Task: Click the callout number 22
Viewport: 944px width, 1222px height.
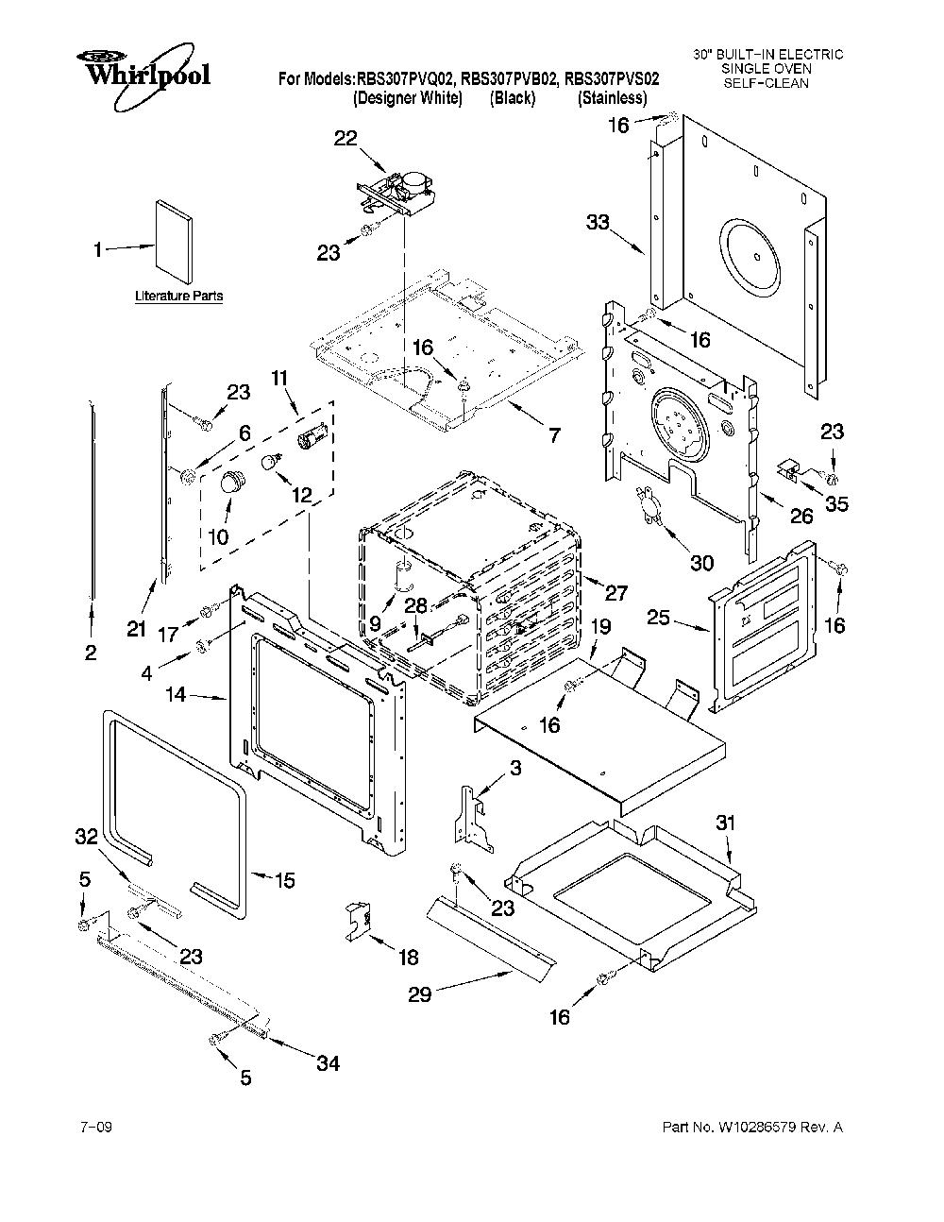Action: pyautogui.click(x=346, y=138)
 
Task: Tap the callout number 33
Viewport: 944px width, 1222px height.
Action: pyautogui.click(x=598, y=222)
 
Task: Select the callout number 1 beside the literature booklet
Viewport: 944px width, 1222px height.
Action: pyautogui.click(x=98, y=249)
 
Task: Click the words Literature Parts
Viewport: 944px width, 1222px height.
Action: pyautogui.click(x=178, y=296)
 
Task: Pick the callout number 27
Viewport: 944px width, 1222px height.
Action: pyautogui.click(x=615, y=593)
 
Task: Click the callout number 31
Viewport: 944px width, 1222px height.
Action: pyautogui.click(x=725, y=823)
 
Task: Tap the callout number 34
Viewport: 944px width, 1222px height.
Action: pyautogui.click(x=329, y=1063)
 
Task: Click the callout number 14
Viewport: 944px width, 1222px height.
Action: pyautogui.click(x=176, y=694)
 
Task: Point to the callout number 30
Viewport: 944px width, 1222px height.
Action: pyautogui.click(x=701, y=562)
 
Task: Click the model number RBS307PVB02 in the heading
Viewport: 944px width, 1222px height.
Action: pyautogui.click(x=510, y=78)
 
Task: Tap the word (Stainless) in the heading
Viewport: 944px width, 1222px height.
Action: pyautogui.click(x=613, y=98)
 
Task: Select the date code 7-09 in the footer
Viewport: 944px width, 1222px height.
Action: pyautogui.click(x=96, y=1128)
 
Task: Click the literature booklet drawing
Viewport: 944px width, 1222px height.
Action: pyautogui.click(x=175, y=241)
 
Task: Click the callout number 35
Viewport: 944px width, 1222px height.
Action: pyautogui.click(x=836, y=503)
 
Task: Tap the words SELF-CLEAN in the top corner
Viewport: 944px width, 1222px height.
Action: pyautogui.click(x=767, y=83)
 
